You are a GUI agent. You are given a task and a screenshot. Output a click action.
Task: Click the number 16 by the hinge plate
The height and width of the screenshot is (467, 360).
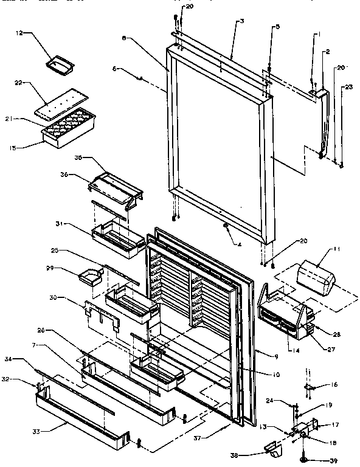click(333, 385)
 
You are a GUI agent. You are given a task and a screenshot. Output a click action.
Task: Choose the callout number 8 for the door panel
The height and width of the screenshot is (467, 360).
click(123, 38)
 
